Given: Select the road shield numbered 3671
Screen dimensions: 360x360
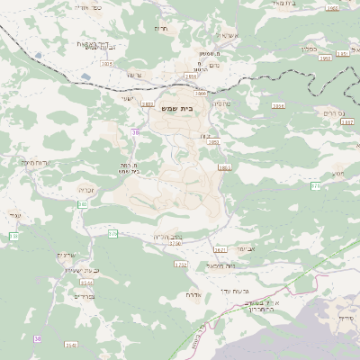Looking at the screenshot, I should pos(220,248).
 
